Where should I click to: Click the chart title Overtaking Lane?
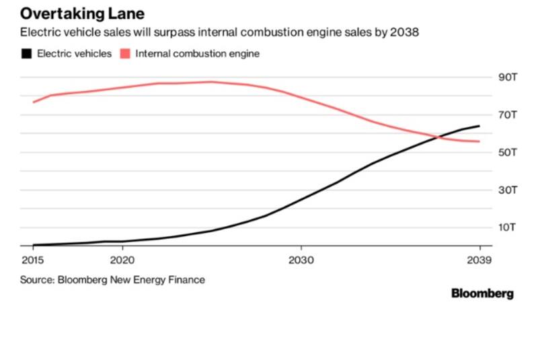click(x=82, y=13)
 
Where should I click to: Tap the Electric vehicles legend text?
click(x=75, y=54)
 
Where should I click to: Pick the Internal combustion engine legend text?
click(x=197, y=54)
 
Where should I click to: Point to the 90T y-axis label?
click(x=506, y=77)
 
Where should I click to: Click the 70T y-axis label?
click(x=506, y=115)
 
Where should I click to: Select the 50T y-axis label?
click(x=506, y=153)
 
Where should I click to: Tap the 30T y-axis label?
click(x=506, y=190)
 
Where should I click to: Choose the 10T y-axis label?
click(x=506, y=227)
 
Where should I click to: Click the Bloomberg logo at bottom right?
click(x=482, y=293)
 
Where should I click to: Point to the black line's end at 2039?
click(x=479, y=126)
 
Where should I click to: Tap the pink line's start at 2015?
click(x=33, y=102)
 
